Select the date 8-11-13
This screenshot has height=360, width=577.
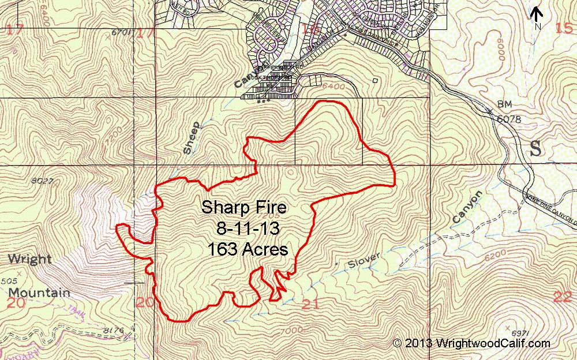[x=248, y=228]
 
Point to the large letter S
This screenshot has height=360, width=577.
[x=535, y=148]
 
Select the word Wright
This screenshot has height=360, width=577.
[x=29, y=259]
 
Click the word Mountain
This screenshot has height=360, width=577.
[x=39, y=292]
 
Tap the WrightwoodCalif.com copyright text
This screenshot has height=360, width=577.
[x=471, y=343]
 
